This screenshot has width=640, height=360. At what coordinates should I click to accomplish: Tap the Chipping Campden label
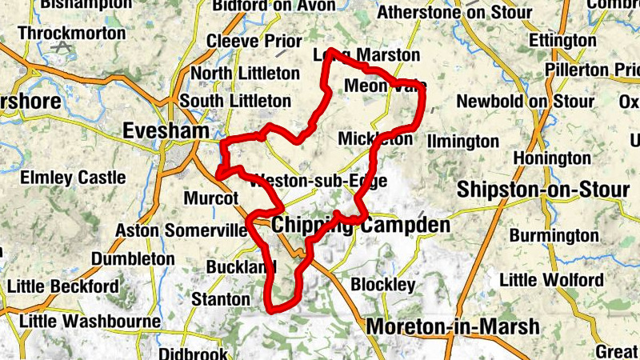(361, 226)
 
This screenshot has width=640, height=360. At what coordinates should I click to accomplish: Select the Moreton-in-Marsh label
(453, 326)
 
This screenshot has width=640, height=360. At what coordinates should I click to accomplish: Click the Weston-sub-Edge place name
(318, 180)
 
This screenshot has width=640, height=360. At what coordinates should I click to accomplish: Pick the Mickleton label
(375, 138)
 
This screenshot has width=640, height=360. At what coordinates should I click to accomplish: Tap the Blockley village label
(383, 285)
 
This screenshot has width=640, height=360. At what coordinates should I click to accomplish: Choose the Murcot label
(211, 198)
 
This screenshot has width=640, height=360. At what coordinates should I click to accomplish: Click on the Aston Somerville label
(182, 230)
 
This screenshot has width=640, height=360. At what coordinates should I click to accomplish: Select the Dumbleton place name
(133, 259)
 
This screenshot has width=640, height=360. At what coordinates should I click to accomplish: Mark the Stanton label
(221, 299)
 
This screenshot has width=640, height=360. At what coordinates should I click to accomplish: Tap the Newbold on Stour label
(525, 102)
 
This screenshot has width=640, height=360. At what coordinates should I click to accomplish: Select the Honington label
(551, 158)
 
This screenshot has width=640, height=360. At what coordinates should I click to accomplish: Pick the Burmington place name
(554, 235)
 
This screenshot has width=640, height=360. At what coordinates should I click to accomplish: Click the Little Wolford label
(551, 280)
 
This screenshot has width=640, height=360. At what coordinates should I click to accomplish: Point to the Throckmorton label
(71, 33)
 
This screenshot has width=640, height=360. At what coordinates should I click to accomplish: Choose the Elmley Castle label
(73, 177)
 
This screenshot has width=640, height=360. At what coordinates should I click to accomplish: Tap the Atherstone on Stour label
(454, 13)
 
